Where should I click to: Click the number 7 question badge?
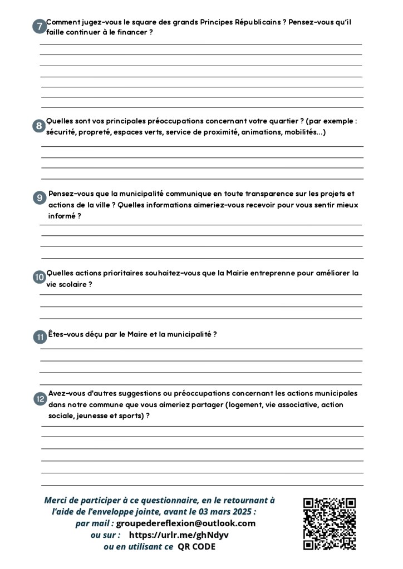tap(39, 27)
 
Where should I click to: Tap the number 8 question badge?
tap(39, 126)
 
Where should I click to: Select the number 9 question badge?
tap(40, 198)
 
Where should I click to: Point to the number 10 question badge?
tap(39, 278)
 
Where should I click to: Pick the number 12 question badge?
tap(40, 399)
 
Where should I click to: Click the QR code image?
tap(330, 523)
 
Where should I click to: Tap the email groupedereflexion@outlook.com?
tap(186, 523)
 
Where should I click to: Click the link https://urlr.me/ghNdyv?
tap(179, 535)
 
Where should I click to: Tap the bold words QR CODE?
tap(196, 547)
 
